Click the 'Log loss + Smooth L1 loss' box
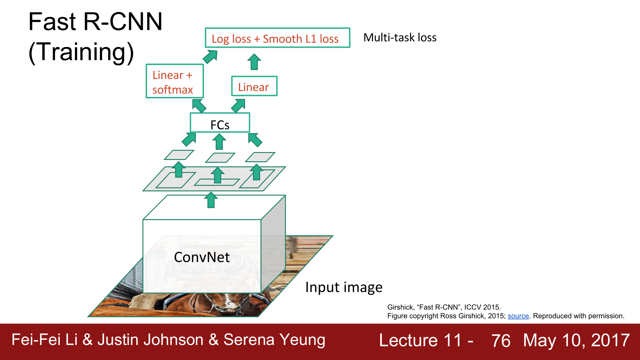pos(277,38)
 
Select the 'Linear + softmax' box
pos(175,81)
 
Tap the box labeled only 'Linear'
pos(254,86)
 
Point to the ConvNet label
pos(202,257)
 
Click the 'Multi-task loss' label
pos(400,38)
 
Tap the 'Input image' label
pos(344,287)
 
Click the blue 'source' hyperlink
pos(518,316)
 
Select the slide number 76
pos(501,340)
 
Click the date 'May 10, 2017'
pos(576,340)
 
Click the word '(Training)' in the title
pos(81,52)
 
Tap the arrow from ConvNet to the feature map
pos(211,200)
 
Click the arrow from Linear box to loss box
pos(254,62)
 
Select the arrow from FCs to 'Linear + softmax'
pos(199,106)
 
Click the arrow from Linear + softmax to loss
pos(211,57)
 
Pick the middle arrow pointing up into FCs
pos(219,142)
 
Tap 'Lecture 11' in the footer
pos(420,340)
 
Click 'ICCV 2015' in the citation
pos(482,307)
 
